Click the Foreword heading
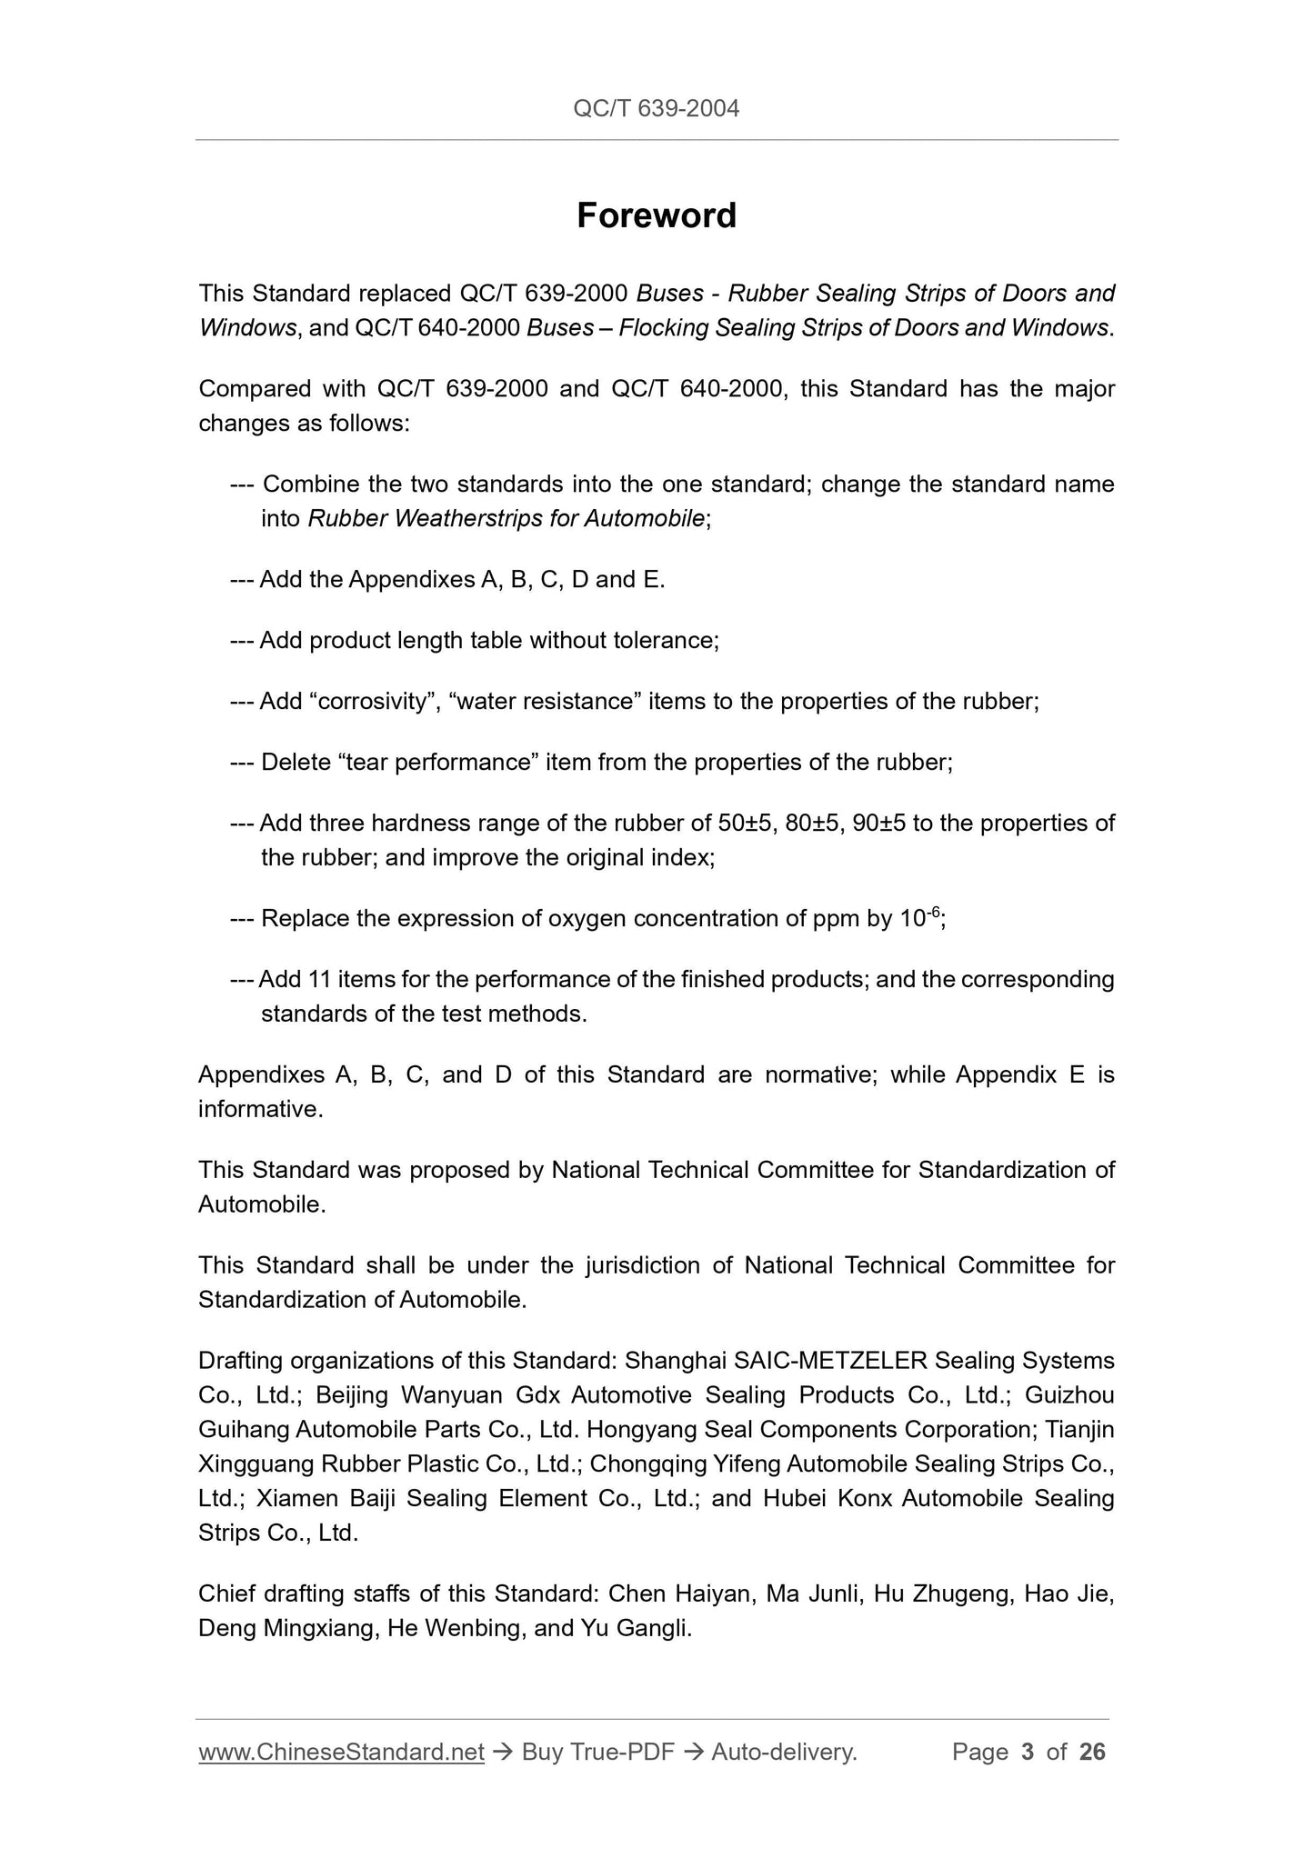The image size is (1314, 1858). (657, 216)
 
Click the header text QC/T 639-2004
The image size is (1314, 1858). (657, 109)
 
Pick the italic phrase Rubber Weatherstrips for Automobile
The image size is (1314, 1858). (507, 519)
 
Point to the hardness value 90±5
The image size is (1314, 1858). (880, 824)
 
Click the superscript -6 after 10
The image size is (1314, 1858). (933, 912)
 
